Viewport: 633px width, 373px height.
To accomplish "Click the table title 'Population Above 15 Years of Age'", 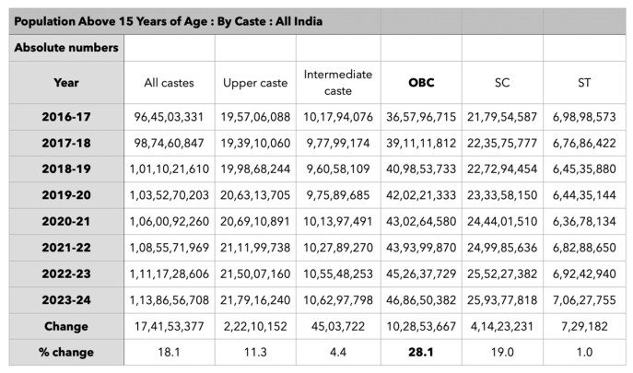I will point(170,20).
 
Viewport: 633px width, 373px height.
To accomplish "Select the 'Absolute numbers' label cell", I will point(66,47).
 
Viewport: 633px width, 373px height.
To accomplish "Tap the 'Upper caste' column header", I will point(255,83).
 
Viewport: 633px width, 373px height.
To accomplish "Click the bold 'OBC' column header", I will point(421,83).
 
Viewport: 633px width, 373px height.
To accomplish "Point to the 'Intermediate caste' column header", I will point(337,83).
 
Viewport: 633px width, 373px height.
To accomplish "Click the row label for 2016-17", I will point(66,117).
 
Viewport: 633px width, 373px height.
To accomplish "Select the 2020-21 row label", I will point(66,222).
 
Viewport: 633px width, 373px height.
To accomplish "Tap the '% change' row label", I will point(66,352).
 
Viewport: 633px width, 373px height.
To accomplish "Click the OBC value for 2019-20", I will point(421,196).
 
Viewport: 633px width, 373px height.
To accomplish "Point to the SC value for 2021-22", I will point(502,248).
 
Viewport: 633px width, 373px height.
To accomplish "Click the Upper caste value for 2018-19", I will point(255,169).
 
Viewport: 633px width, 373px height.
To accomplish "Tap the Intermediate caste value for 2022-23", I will point(337,274).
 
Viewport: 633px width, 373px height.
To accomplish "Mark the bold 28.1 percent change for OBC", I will point(421,352).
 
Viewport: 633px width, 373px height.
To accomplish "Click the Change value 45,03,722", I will point(337,326).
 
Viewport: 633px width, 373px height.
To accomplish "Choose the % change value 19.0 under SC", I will point(502,352).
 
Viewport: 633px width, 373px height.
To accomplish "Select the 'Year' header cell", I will point(66,83).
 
